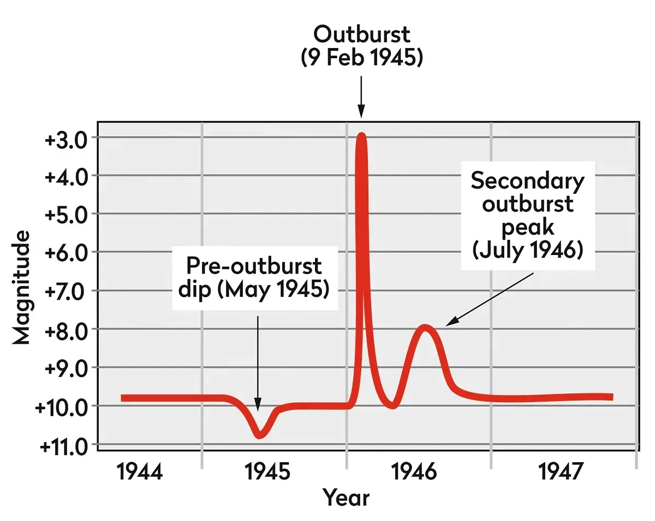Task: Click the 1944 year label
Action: [139, 472]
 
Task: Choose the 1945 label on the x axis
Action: [267, 472]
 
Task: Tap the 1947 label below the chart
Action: [562, 472]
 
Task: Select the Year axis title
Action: [346, 498]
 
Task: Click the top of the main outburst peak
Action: [361, 135]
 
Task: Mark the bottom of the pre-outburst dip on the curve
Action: [260, 435]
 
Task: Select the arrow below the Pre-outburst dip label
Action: [258, 362]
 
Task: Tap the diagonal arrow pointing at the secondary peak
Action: [489, 300]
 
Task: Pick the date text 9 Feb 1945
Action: [361, 57]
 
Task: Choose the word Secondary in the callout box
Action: [527, 180]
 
